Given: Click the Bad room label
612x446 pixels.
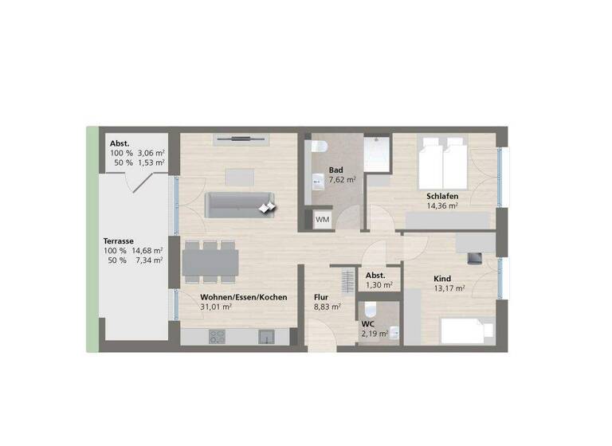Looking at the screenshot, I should (x=336, y=170).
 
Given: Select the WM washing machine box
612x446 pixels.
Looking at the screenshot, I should (x=322, y=219).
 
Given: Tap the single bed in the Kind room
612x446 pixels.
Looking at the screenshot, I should (x=467, y=328).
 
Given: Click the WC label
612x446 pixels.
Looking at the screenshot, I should (x=367, y=324).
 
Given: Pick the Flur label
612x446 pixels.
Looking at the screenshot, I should (x=321, y=296).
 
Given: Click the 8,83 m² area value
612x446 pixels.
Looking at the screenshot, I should (x=328, y=306).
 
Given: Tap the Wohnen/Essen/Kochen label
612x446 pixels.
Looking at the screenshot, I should (x=244, y=297).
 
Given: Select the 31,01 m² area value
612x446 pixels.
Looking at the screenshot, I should (x=216, y=307).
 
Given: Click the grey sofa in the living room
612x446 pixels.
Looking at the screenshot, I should (x=239, y=205).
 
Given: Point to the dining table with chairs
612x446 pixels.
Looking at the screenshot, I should (x=210, y=260).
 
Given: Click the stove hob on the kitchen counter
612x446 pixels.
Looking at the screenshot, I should (x=217, y=338).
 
